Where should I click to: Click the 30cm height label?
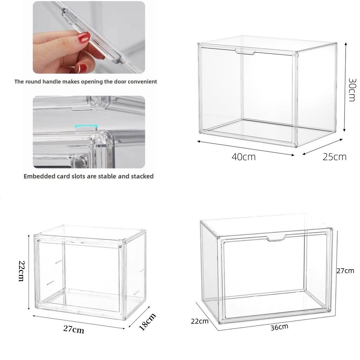(352, 90)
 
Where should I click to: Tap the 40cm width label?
(243, 157)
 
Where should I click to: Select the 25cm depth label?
(334, 157)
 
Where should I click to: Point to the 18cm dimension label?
(147, 322)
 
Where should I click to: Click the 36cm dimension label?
(279, 327)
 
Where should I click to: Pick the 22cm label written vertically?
(21, 271)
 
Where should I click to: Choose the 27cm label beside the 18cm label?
(73, 329)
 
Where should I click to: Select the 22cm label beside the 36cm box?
(200, 321)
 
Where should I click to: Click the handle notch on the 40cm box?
(245, 52)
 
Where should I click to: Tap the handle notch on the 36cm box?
(276, 239)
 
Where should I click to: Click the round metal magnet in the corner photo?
(80, 162)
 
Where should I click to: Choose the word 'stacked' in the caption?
(142, 176)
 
